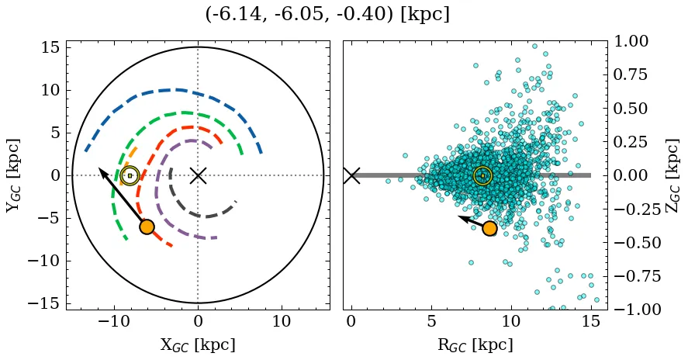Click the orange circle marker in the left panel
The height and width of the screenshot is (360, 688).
point(147,227)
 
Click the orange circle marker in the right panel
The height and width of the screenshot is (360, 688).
point(489,228)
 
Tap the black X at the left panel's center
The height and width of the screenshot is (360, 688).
point(198,175)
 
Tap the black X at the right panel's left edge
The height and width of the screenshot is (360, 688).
point(351,175)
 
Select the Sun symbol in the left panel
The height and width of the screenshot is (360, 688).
point(130,176)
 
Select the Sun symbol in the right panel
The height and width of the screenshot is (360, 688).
point(482,176)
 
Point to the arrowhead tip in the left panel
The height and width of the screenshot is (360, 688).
point(99,168)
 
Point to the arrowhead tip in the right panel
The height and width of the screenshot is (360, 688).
point(459,218)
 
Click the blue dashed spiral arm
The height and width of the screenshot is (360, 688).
point(178,90)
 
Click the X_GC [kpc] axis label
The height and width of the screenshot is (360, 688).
point(198,344)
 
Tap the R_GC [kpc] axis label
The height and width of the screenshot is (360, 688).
point(475,344)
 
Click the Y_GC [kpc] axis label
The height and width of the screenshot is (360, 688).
point(12,175)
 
